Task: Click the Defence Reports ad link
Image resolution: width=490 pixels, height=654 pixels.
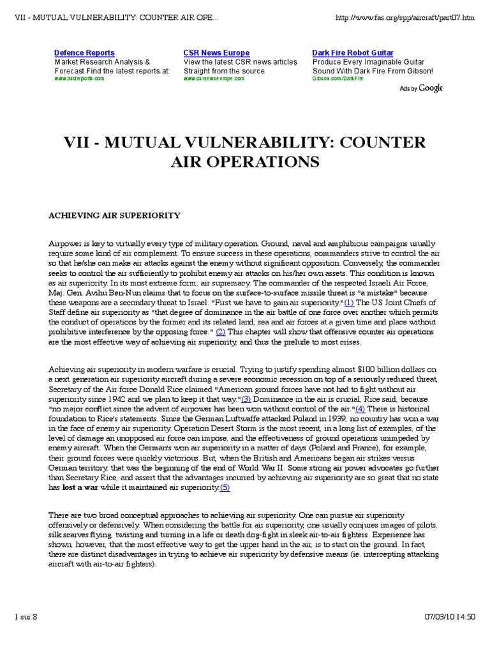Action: tap(84, 53)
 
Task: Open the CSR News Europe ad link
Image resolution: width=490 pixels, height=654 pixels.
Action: tap(216, 53)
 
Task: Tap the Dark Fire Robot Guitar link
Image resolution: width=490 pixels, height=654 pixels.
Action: tap(352, 53)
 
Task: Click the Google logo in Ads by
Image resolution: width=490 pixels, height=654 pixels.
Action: tap(430, 88)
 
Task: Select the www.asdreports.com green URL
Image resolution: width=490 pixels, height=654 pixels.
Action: tap(79, 79)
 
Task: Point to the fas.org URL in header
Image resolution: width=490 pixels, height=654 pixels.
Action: tap(405, 18)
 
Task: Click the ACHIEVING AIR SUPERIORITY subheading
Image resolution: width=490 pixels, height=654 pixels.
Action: tap(115, 216)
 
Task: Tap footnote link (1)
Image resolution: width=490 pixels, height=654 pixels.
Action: tap(349, 302)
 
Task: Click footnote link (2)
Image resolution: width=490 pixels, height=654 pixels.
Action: tap(220, 331)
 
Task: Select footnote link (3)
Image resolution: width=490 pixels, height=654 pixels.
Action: tap(246, 399)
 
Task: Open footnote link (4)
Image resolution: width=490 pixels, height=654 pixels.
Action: tap(360, 409)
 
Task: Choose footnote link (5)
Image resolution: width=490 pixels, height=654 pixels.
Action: tap(225, 487)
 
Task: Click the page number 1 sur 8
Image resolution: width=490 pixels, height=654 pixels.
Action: tap(26, 616)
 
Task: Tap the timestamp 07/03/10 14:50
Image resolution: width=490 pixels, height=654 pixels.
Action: tap(449, 616)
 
